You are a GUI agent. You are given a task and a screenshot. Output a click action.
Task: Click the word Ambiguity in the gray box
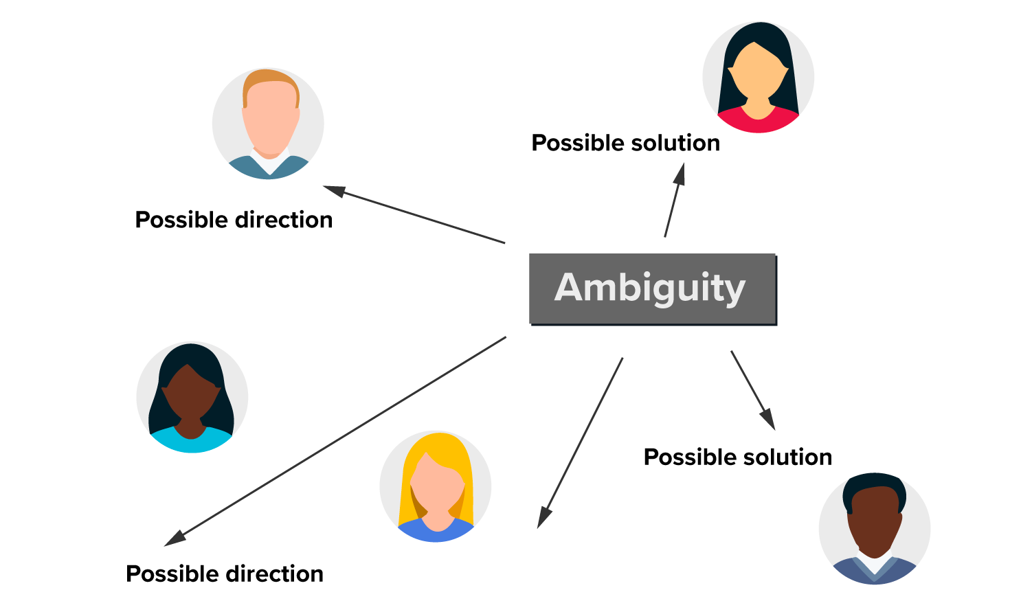[650, 288]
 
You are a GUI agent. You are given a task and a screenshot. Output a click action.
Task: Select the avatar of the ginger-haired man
[268, 124]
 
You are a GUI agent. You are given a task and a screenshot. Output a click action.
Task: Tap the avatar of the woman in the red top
[758, 77]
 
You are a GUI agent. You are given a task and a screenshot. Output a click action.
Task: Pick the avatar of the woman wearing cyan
[192, 397]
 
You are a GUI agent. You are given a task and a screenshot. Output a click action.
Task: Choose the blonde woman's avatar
[436, 486]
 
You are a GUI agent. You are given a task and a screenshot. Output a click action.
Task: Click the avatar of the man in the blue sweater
[874, 528]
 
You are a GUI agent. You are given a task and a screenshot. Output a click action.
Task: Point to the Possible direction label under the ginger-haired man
[234, 220]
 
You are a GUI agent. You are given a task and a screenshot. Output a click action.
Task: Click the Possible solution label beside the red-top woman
[625, 143]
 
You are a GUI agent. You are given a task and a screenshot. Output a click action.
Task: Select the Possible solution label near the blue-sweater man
[737, 457]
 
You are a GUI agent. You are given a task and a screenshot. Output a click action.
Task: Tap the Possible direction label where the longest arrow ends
[225, 574]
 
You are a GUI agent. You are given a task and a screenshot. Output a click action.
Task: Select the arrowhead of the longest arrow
[175, 538]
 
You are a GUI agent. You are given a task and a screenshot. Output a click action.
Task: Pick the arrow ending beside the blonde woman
[581, 442]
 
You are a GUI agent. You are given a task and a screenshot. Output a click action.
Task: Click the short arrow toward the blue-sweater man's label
[752, 389]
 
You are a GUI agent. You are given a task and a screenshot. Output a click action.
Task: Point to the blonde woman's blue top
[436, 533]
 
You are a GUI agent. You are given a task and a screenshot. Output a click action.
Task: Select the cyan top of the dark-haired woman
[191, 442]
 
